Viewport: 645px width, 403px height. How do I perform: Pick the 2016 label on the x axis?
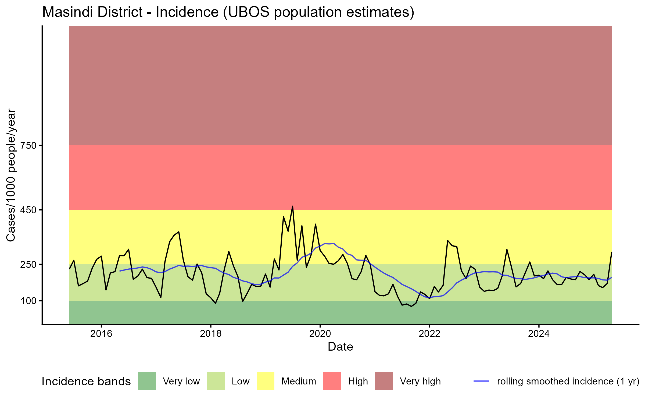pos(101,334)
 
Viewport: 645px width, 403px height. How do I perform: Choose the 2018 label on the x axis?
pos(211,334)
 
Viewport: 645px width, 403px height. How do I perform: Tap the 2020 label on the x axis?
pos(320,334)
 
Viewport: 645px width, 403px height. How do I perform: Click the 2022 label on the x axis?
pos(429,334)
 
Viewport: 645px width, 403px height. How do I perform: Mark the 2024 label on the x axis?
pos(539,334)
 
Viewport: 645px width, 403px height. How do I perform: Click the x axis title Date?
pos(340,347)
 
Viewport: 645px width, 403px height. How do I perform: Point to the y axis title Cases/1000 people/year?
pos(11,175)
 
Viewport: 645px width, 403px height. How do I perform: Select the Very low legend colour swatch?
pos(147,381)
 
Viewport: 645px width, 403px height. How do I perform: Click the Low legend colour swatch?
pos(216,381)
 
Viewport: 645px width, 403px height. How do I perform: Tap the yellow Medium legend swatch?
pos(266,381)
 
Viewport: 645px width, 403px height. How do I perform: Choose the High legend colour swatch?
pos(332,381)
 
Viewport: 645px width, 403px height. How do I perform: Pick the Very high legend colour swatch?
pos(384,381)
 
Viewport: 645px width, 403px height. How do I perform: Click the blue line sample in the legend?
pos(481,381)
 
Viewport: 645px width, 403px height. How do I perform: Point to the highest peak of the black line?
pos(292,206)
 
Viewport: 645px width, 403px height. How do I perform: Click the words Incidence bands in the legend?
pos(86,382)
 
